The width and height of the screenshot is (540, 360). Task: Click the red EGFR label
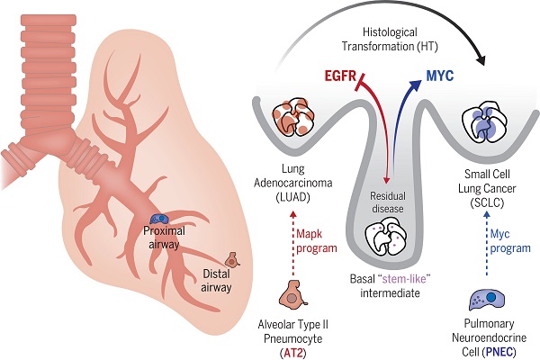coord(340,76)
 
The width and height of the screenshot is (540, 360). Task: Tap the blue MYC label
coord(440,76)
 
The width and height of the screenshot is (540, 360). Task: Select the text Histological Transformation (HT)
coord(390,40)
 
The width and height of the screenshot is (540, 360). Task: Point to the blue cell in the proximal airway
coord(159,219)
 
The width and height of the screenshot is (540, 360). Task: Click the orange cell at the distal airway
coord(232,260)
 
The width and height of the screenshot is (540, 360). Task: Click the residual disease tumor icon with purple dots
coord(387,238)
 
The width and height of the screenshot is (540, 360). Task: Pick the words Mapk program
coord(317,241)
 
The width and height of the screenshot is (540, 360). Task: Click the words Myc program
coord(510,241)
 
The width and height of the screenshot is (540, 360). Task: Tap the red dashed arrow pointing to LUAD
coord(292,244)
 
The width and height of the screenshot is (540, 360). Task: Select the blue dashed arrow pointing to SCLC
coord(486,244)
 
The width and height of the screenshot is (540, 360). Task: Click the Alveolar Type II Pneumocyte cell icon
coord(293,293)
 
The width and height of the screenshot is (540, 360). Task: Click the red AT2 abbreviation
coord(293,353)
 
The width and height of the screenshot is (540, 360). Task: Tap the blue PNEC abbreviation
coord(499,352)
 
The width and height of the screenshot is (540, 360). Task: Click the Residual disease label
coord(388,202)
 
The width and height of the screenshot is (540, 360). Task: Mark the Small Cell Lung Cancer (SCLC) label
coord(487,188)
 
